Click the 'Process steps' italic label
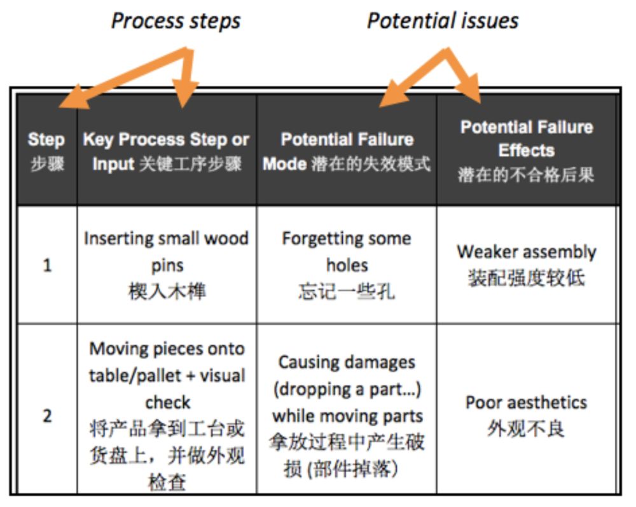pyautogui.click(x=176, y=20)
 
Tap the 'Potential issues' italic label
pyautogui.click(x=443, y=20)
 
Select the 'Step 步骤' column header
pyautogui.click(x=46, y=151)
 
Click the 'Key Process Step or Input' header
pyautogui.click(x=167, y=151)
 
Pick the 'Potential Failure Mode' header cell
pyautogui.click(x=347, y=151)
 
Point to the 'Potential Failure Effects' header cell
pyautogui.click(x=527, y=150)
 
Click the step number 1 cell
pyautogui.click(x=47, y=265)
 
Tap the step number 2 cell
pyautogui.click(x=47, y=416)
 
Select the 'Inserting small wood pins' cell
pyautogui.click(x=167, y=251)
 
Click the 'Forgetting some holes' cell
pyautogui.click(x=347, y=251)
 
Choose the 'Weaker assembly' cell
pyautogui.click(x=527, y=251)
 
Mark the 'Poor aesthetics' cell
pyautogui.click(x=527, y=402)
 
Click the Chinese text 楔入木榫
pyautogui.click(x=167, y=291)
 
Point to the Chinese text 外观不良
pyautogui.click(x=527, y=428)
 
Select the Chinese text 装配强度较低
pyautogui.click(x=527, y=278)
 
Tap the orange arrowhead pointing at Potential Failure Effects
pyautogui.click(x=474, y=95)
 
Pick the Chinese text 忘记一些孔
pyautogui.click(x=347, y=291)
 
